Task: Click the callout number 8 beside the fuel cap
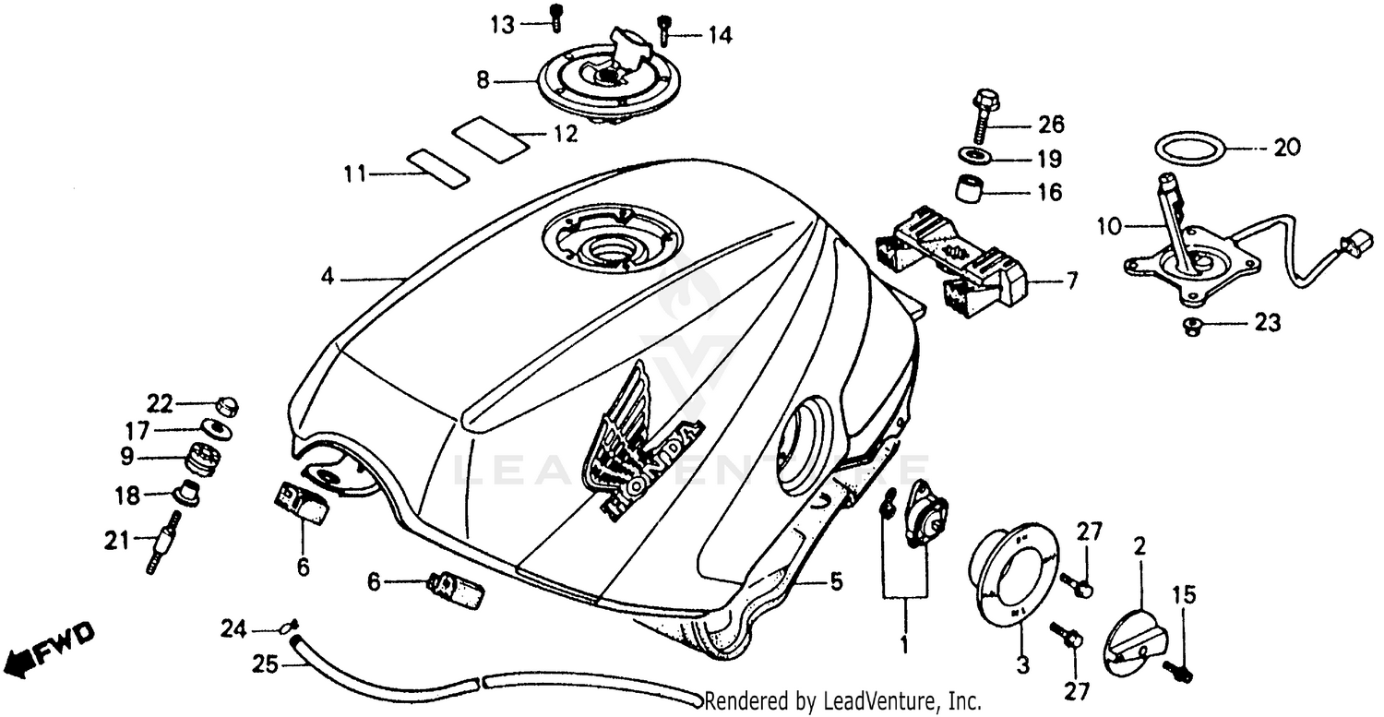(x=482, y=81)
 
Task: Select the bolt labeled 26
(x=984, y=116)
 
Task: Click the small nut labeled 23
(x=1191, y=324)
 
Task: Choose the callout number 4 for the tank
(x=326, y=276)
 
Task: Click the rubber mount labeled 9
(x=202, y=459)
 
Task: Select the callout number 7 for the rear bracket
(x=1070, y=281)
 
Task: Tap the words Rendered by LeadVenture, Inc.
(x=842, y=701)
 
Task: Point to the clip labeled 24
(x=287, y=627)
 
